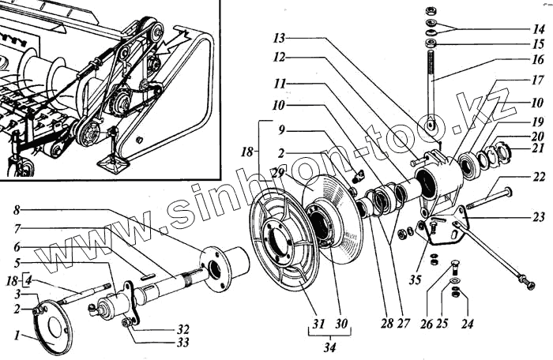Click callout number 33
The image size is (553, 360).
click(x=182, y=342)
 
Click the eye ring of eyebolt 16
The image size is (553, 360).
click(x=430, y=125)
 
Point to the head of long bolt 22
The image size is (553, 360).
click(x=506, y=191)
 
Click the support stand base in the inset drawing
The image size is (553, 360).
click(x=112, y=164)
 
